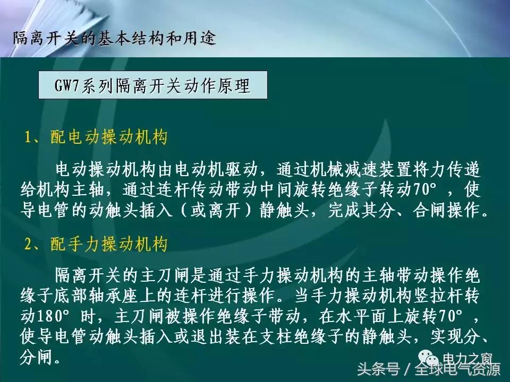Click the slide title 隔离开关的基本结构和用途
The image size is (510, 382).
pyautogui.click(x=114, y=39)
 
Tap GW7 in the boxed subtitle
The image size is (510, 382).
pyautogui.click(x=66, y=85)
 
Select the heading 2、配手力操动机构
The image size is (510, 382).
pyautogui.click(x=96, y=245)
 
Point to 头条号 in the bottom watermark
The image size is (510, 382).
pyautogui.click(x=378, y=369)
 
